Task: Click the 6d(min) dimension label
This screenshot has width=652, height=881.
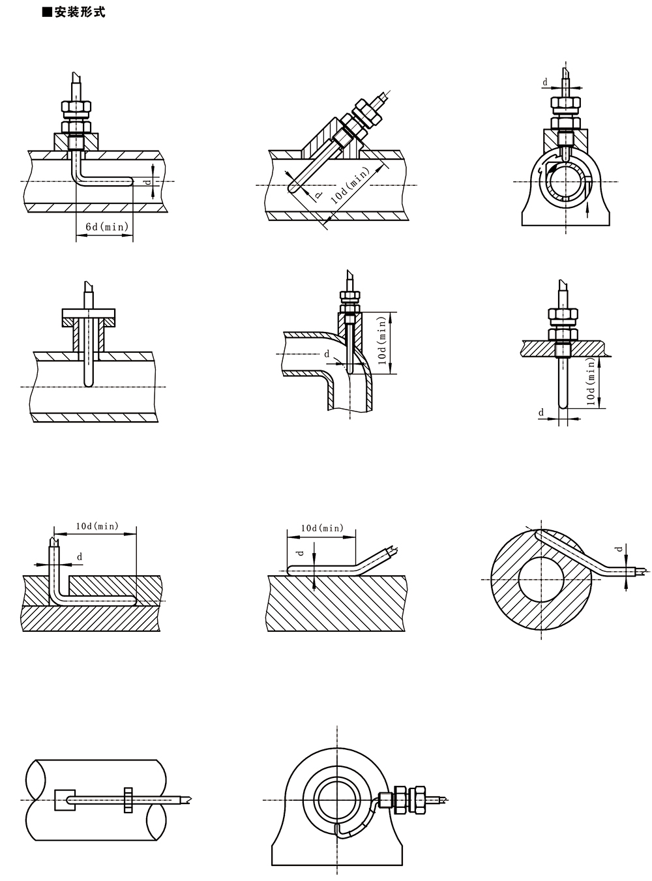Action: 104,226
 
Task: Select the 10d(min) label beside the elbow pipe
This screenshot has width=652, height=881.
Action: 383,344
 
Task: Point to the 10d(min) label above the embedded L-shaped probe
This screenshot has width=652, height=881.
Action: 97,526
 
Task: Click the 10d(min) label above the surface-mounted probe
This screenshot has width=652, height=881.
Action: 321,528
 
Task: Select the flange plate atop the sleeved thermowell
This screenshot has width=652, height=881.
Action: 89,318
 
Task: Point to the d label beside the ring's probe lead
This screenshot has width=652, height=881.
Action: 619,549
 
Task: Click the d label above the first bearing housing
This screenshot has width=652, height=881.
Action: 545,82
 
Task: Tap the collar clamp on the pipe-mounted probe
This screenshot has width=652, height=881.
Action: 128,800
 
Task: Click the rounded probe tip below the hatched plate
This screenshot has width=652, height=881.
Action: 563,406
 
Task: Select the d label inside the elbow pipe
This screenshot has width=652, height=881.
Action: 327,355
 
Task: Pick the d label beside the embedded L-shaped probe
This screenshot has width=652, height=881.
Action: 80,556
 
